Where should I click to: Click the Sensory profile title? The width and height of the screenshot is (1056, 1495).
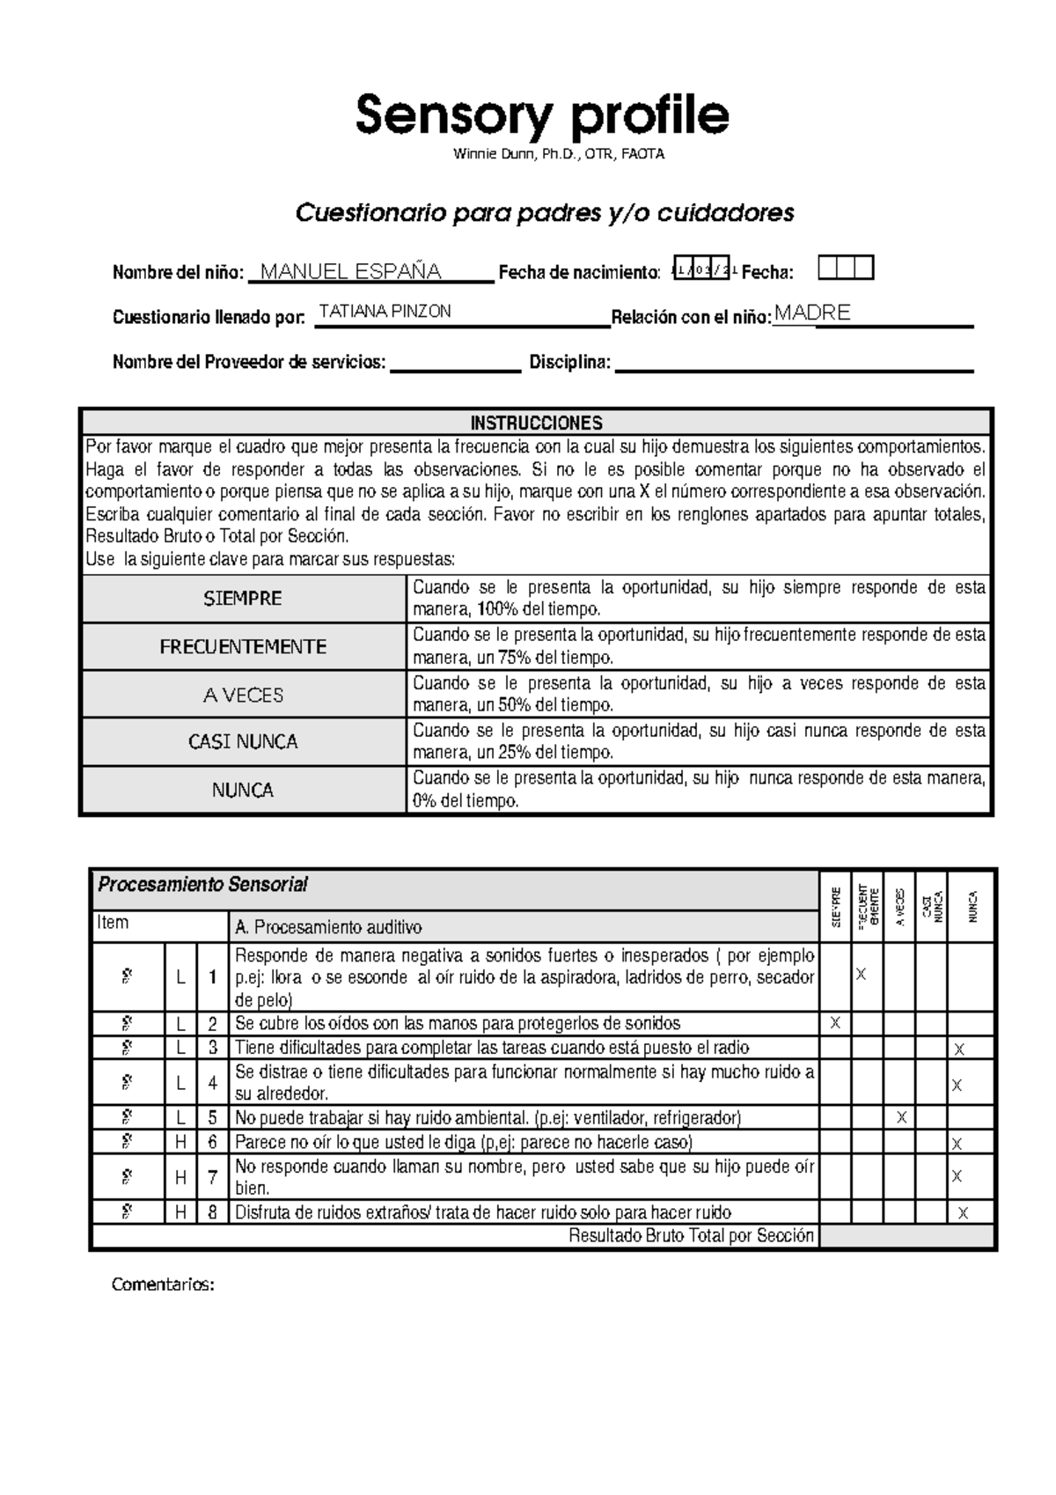point(542,115)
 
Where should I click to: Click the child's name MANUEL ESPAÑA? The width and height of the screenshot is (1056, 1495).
point(351,271)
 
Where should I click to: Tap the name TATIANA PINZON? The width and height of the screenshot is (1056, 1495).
point(385,312)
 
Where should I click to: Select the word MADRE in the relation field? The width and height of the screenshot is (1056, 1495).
point(812,313)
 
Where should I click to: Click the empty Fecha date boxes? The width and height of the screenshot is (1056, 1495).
point(846,268)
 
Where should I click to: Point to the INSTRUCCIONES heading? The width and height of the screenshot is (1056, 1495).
point(536,423)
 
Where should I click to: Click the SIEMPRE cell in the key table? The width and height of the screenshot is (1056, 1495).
point(243,599)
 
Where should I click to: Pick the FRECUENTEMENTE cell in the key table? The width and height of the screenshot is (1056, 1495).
point(243,647)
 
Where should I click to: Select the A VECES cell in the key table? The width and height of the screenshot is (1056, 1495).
point(243,696)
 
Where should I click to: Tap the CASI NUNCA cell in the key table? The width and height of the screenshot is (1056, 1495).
point(243,742)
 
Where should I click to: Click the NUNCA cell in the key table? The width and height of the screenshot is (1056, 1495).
point(243,791)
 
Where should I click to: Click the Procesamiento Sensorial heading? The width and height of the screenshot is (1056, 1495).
point(202,885)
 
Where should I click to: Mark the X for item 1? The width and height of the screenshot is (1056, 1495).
point(862,975)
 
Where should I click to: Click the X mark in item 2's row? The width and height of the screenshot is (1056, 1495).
point(835,1023)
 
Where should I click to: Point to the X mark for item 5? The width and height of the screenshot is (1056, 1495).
point(901,1118)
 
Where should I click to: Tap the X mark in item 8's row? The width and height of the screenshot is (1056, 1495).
point(963,1213)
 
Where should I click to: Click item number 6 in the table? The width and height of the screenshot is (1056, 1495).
point(212,1143)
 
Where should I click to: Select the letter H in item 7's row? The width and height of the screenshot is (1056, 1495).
point(180,1177)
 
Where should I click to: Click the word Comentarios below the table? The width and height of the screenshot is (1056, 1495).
point(163,1285)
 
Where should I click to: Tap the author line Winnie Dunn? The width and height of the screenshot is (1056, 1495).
point(559,154)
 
